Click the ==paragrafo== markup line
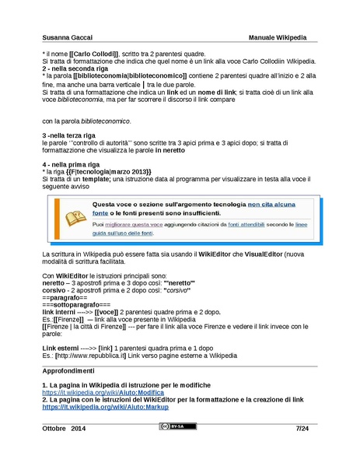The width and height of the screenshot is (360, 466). pos(64,298)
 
